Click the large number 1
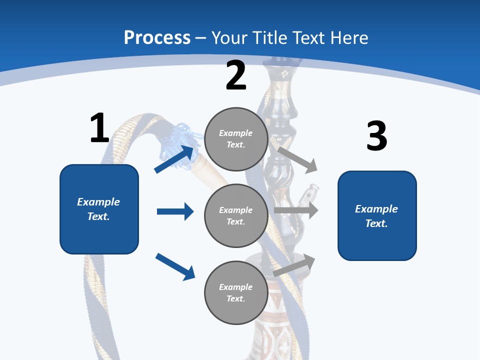point(99,128)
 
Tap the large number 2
point(236,75)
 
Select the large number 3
point(376,136)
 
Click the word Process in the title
point(157,38)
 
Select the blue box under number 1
point(99,209)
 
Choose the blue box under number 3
point(377,215)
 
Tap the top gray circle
point(236,139)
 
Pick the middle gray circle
point(236,215)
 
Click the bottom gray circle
point(236,292)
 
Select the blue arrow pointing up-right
point(174,158)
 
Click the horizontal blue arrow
point(175,211)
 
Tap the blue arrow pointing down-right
point(175,266)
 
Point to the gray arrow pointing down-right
point(298,159)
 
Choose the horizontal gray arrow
point(296,210)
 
